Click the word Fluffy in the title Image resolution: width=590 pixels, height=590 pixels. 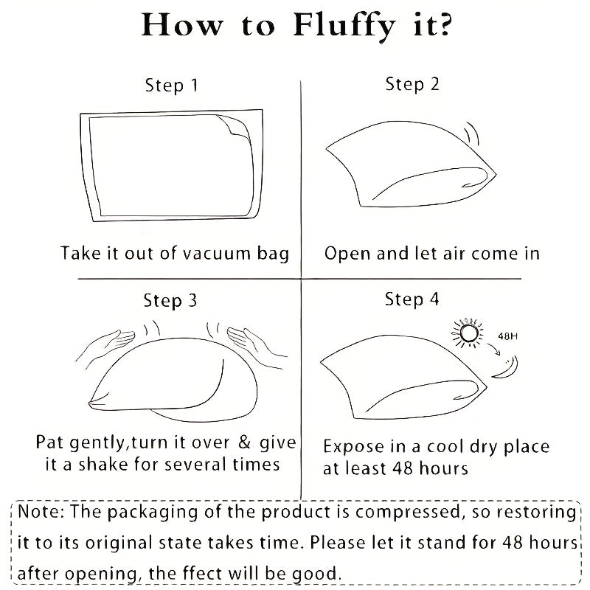click(344, 27)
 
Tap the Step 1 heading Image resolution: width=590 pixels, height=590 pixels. click(172, 86)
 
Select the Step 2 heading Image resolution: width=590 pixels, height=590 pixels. click(412, 84)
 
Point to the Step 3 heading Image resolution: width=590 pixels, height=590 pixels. click(170, 301)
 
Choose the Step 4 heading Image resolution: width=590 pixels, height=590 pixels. click(412, 299)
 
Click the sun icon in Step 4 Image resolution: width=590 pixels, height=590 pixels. click(468, 333)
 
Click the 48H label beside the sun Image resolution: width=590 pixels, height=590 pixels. click(507, 336)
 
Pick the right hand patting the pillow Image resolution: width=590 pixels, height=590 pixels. click(257, 346)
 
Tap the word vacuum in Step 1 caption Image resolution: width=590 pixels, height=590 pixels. click(216, 254)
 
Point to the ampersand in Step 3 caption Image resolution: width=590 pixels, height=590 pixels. click(245, 442)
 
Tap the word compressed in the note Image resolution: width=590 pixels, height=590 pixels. click(408, 513)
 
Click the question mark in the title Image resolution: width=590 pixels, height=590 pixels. click(445, 25)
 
